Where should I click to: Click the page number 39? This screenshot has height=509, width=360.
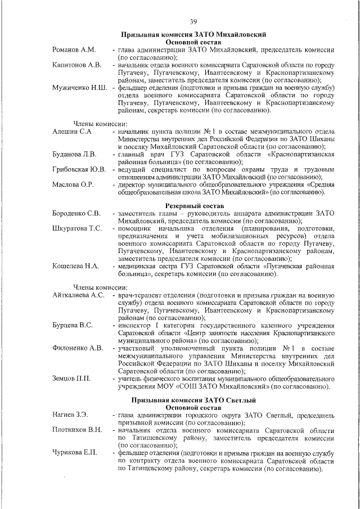click(193, 21)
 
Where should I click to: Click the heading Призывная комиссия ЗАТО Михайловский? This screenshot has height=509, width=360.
click(193, 35)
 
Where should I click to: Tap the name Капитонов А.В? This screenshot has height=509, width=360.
click(77, 65)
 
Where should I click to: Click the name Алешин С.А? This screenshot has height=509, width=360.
click(72, 131)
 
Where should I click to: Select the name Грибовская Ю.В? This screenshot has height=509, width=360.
click(79, 169)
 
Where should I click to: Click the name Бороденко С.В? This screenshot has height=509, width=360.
click(76, 213)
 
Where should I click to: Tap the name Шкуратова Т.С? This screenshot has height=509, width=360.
click(77, 228)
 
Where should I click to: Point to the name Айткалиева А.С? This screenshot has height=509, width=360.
click(79, 295)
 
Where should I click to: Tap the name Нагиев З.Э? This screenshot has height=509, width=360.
click(70, 415)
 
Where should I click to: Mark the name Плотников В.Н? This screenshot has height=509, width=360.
click(77, 430)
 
